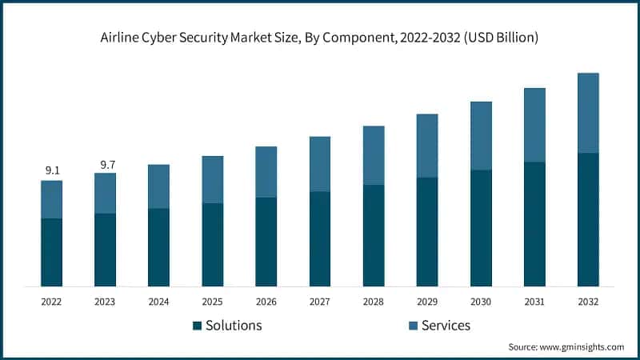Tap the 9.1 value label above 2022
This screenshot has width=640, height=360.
tap(52, 170)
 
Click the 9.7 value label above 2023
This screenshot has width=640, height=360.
tap(106, 165)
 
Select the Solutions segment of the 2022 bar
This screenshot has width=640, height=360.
tap(52, 252)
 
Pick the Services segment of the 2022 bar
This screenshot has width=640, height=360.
tap(52, 199)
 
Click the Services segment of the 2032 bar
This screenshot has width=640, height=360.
tap(588, 113)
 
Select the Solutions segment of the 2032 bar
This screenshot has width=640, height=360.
tap(588, 219)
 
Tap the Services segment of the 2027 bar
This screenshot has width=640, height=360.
tap(320, 164)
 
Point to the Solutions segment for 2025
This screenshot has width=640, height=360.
tap(213, 245)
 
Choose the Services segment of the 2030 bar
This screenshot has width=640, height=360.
tap(481, 136)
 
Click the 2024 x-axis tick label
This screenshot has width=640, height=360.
tap(159, 302)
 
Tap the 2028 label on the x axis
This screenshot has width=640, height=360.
tap(374, 302)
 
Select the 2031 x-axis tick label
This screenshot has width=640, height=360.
tap(534, 302)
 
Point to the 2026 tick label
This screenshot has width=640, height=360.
tap(266, 302)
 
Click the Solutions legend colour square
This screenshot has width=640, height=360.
tap(197, 326)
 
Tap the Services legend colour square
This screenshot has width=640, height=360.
tap(412, 326)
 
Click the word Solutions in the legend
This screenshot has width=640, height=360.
tap(234, 326)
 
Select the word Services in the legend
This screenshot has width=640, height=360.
tap(446, 326)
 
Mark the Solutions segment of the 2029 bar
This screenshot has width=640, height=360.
tap(427, 232)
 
